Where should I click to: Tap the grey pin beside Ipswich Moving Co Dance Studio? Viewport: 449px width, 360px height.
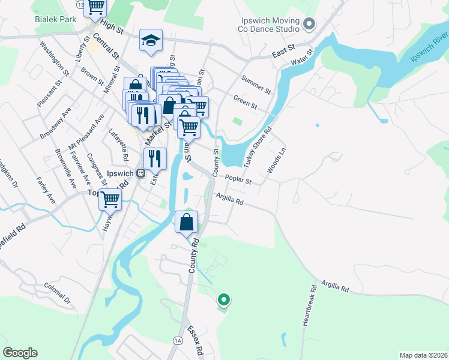pos(310,25)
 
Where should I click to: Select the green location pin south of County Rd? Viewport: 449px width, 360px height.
pos(224,298)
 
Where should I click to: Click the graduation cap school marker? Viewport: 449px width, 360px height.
pos(151,40)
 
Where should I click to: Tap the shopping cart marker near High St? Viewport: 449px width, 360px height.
pos(95,7)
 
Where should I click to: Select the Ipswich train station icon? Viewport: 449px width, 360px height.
pos(140,173)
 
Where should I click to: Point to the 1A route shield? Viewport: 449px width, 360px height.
pos(178,340)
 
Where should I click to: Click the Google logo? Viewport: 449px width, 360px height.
pos(20,353)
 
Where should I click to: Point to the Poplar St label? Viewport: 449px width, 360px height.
pos(238,179)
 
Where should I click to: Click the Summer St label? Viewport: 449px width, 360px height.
pos(256,83)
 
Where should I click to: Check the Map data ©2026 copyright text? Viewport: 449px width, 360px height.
pos(423,355)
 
